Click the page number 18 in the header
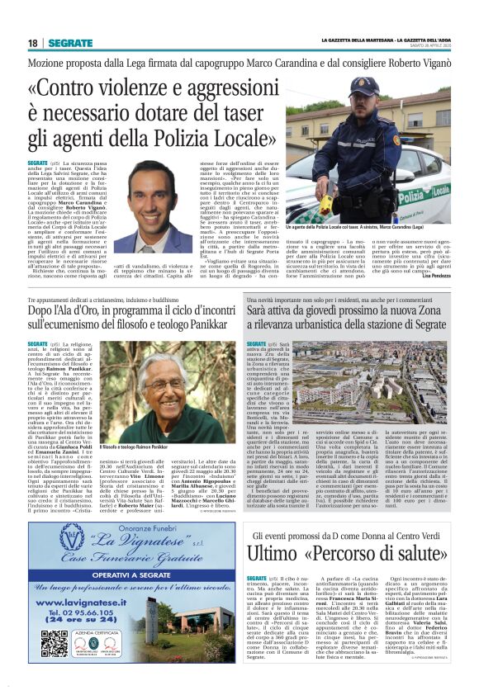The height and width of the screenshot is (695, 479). click(x=33, y=43)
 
